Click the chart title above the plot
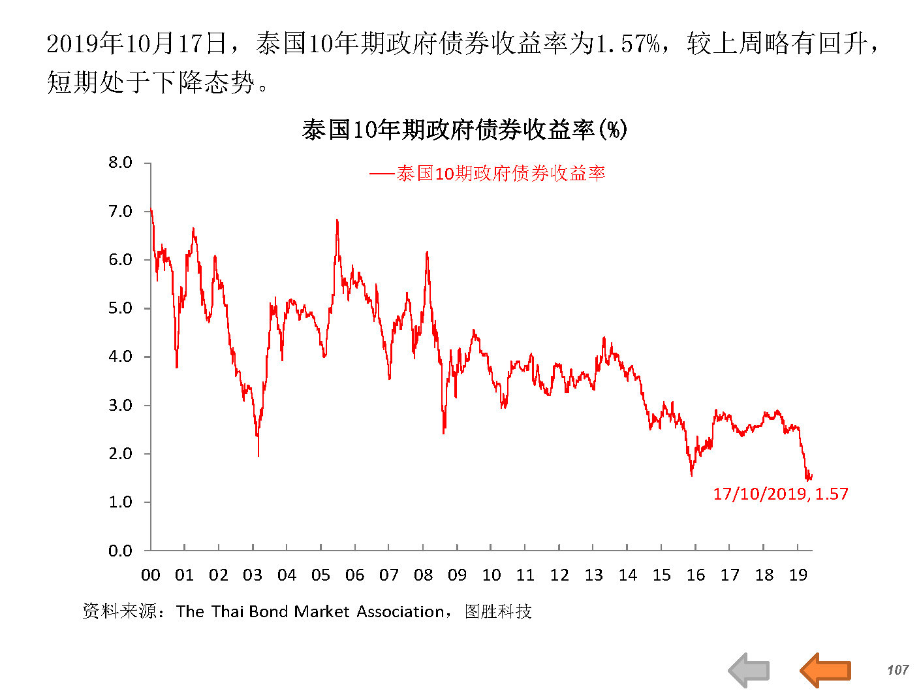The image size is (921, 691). [464, 130]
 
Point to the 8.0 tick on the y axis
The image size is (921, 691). [120, 163]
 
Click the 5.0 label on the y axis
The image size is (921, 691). [120, 308]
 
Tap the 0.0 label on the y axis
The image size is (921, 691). [120, 551]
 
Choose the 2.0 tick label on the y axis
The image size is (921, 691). [120, 453]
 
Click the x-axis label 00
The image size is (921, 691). [150, 575]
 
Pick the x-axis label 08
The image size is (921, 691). [423, 575]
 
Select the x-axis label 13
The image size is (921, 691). [593, 575]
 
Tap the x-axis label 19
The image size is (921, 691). [798, 575]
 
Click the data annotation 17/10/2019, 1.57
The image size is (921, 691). [780, 494]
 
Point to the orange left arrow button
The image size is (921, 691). [825, 669]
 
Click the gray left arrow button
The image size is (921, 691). [749, 669]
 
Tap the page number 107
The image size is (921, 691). [898, 669]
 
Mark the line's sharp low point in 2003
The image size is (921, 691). [258, 455]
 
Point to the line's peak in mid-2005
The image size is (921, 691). [337, 220]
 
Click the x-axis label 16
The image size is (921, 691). [696, 575]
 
